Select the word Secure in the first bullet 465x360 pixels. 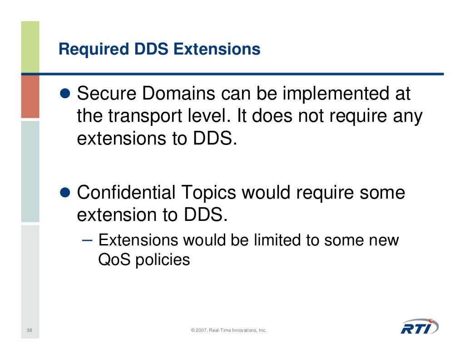coord(107,95)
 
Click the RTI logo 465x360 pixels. coord(419,326)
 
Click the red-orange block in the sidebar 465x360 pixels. coord(30,96)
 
